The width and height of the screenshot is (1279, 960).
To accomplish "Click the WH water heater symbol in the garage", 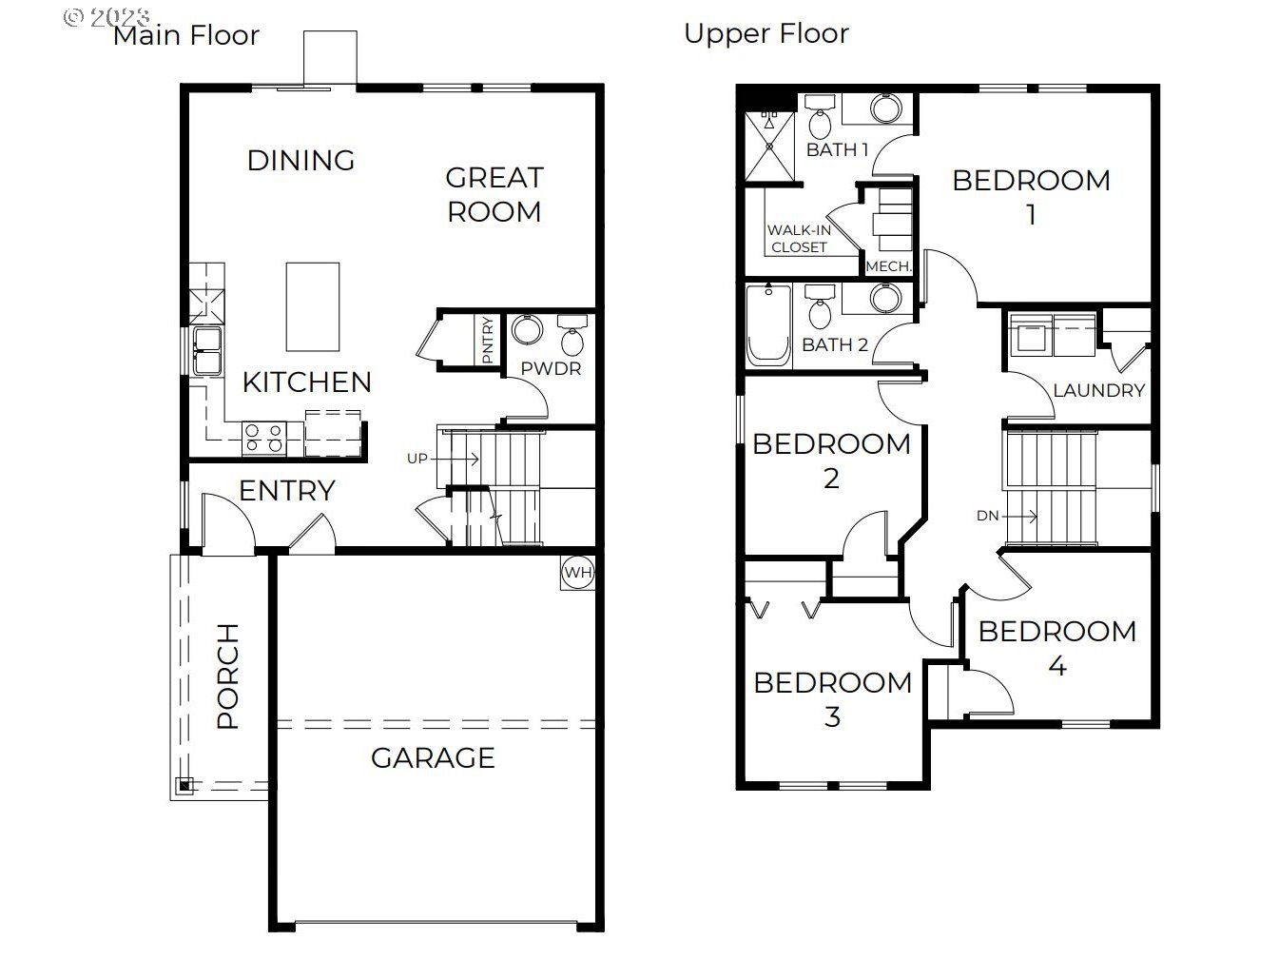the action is coord(577,573).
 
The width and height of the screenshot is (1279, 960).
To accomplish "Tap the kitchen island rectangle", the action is coord(312,306).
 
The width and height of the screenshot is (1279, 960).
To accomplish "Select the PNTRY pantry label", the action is coord(488,340).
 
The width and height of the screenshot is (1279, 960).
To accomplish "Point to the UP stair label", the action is coord(417,459).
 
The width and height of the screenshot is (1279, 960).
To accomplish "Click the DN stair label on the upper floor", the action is coord(988,516).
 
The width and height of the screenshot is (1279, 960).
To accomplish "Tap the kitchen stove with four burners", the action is coord(264,439).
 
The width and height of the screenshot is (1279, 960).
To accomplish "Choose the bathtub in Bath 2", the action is coord(768,325).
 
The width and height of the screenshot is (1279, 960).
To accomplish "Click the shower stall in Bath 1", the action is coord(769,147).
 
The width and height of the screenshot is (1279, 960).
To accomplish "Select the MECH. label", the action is coord(888,266).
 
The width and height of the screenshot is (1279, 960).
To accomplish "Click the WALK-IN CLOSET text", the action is coord(799,239).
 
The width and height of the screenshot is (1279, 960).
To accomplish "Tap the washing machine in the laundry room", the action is coord(1031,335).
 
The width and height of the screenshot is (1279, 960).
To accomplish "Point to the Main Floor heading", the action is coord(185,35).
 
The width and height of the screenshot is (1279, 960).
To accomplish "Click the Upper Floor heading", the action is coord(766,34).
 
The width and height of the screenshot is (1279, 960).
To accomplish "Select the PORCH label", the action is coord(228,676).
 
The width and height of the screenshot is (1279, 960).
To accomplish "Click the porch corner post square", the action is coord(184,786).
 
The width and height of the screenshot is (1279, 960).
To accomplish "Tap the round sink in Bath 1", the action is coord(885,108).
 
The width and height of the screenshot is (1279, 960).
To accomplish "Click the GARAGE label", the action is coord(433,758).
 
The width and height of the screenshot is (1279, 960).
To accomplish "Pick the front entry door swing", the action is coord(227,522).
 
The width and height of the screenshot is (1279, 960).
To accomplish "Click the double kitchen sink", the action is coord(207,350).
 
